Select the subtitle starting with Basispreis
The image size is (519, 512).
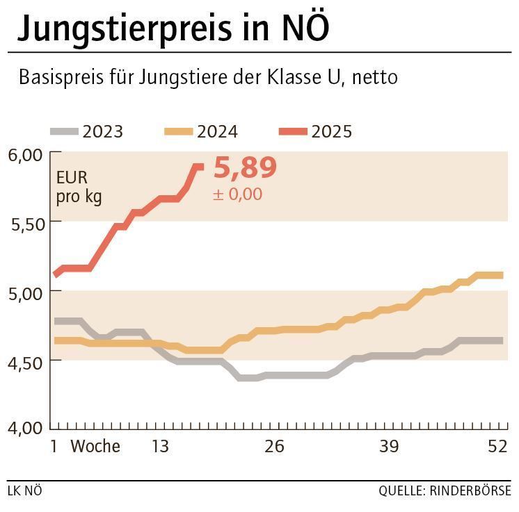coord(208,76)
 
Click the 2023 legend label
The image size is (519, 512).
coord(102,131)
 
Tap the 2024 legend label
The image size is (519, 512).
coord(217,131)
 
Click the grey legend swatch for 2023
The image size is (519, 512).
coord(63,131)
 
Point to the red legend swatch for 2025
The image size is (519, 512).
coord(292,131)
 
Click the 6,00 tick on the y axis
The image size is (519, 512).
coord(26,154)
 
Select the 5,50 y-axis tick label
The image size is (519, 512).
coord(26,224)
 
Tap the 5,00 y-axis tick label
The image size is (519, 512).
coord(26,292)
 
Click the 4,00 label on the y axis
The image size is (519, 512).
coord(26,428)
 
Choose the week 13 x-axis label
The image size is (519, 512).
coord(160,446)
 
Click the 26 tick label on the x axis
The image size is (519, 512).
coord(275,446)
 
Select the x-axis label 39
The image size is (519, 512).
coord(389,446)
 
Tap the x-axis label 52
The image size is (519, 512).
coord(497,446)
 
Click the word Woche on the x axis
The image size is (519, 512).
coord(95,446)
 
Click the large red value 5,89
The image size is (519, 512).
coord(245,168)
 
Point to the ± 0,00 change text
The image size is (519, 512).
coord(237,194)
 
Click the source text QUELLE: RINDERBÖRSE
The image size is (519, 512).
coord(445,491)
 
